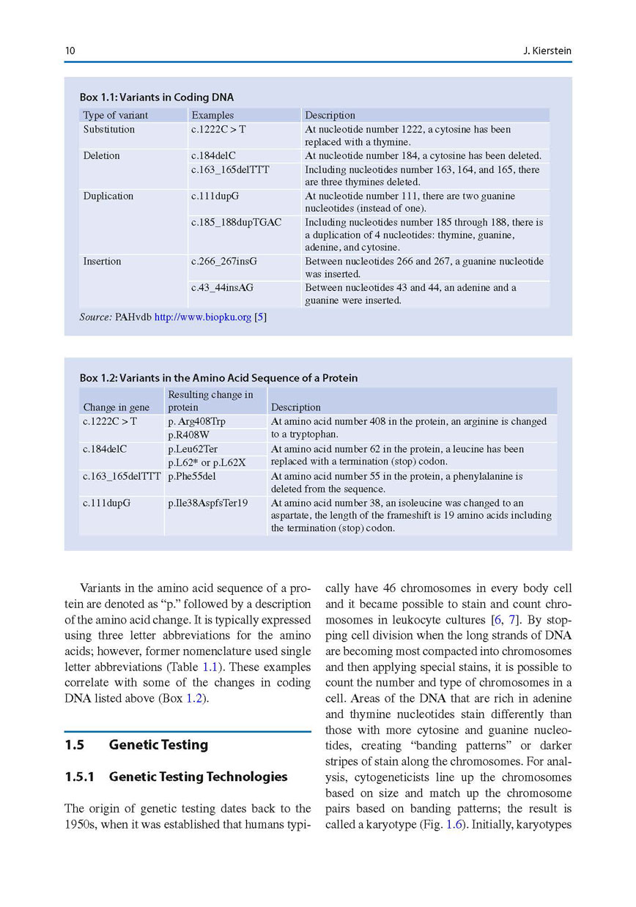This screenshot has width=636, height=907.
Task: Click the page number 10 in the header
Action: tap(70, 51)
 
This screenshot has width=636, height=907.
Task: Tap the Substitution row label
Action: tap(109, 130)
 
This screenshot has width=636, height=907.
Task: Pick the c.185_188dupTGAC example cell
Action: tap(236, 222)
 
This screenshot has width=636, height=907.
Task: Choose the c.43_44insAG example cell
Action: tap(222, 288)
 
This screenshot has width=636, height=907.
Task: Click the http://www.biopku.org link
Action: tap(202, 318)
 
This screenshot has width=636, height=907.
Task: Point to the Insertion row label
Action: tap(102, 262)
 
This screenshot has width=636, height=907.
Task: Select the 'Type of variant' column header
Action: tap(116, 115)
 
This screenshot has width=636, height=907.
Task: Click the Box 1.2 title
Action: tap(218, 378)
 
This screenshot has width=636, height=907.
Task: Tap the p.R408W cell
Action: tap(188, 435)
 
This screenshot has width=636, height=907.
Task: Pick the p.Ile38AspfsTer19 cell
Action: tap(207, 503)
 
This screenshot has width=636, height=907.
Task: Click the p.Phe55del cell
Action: tap(191, 476)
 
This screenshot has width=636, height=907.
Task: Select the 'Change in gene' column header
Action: tap(117, 407)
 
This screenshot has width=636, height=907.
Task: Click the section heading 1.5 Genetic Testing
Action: tap(136, 745)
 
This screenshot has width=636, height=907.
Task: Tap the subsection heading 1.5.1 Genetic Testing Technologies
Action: tap(176, 777)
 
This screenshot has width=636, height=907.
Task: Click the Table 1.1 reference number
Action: tap(210, 667)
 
